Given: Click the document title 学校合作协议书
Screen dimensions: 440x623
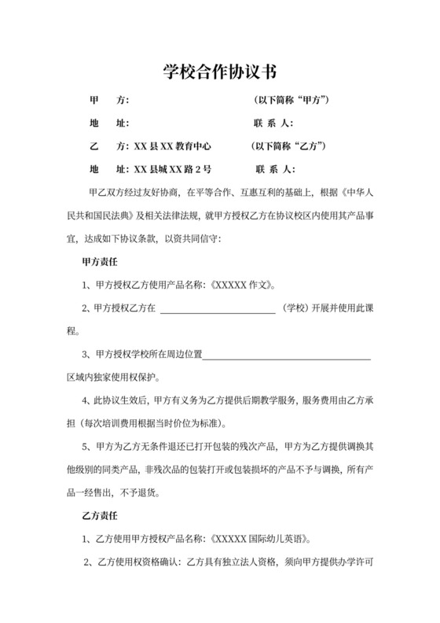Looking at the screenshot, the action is coord(219,73).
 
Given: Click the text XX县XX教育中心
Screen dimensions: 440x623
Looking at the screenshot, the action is coord(174,146).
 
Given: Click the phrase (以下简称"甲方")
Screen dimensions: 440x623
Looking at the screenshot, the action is coord(291,101).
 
